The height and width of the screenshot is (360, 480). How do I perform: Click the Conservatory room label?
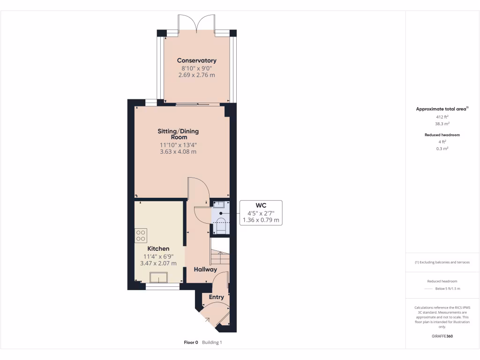(196, 60)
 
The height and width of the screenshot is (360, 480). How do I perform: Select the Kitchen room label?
(158, 248)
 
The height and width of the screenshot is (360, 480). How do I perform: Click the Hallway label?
(206, 270)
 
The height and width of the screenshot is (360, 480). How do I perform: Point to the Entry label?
(217, 297)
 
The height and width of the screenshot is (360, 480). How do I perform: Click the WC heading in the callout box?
(261, 205)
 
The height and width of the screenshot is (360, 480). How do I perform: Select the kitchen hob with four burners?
(141, 235)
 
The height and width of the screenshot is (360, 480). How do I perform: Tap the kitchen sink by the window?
(158, 278)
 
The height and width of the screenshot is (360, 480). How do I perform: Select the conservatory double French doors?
(196, 23)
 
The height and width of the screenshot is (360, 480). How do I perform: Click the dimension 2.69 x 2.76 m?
(196, 75)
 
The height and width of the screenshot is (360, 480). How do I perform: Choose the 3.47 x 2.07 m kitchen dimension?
(158, 263)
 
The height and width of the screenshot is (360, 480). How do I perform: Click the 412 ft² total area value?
(442, 117)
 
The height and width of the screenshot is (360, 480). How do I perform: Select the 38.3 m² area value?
(442, 124)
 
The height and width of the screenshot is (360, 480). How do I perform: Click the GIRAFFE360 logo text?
(442, 336)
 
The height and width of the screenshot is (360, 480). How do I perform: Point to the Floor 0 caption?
(191, 343)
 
